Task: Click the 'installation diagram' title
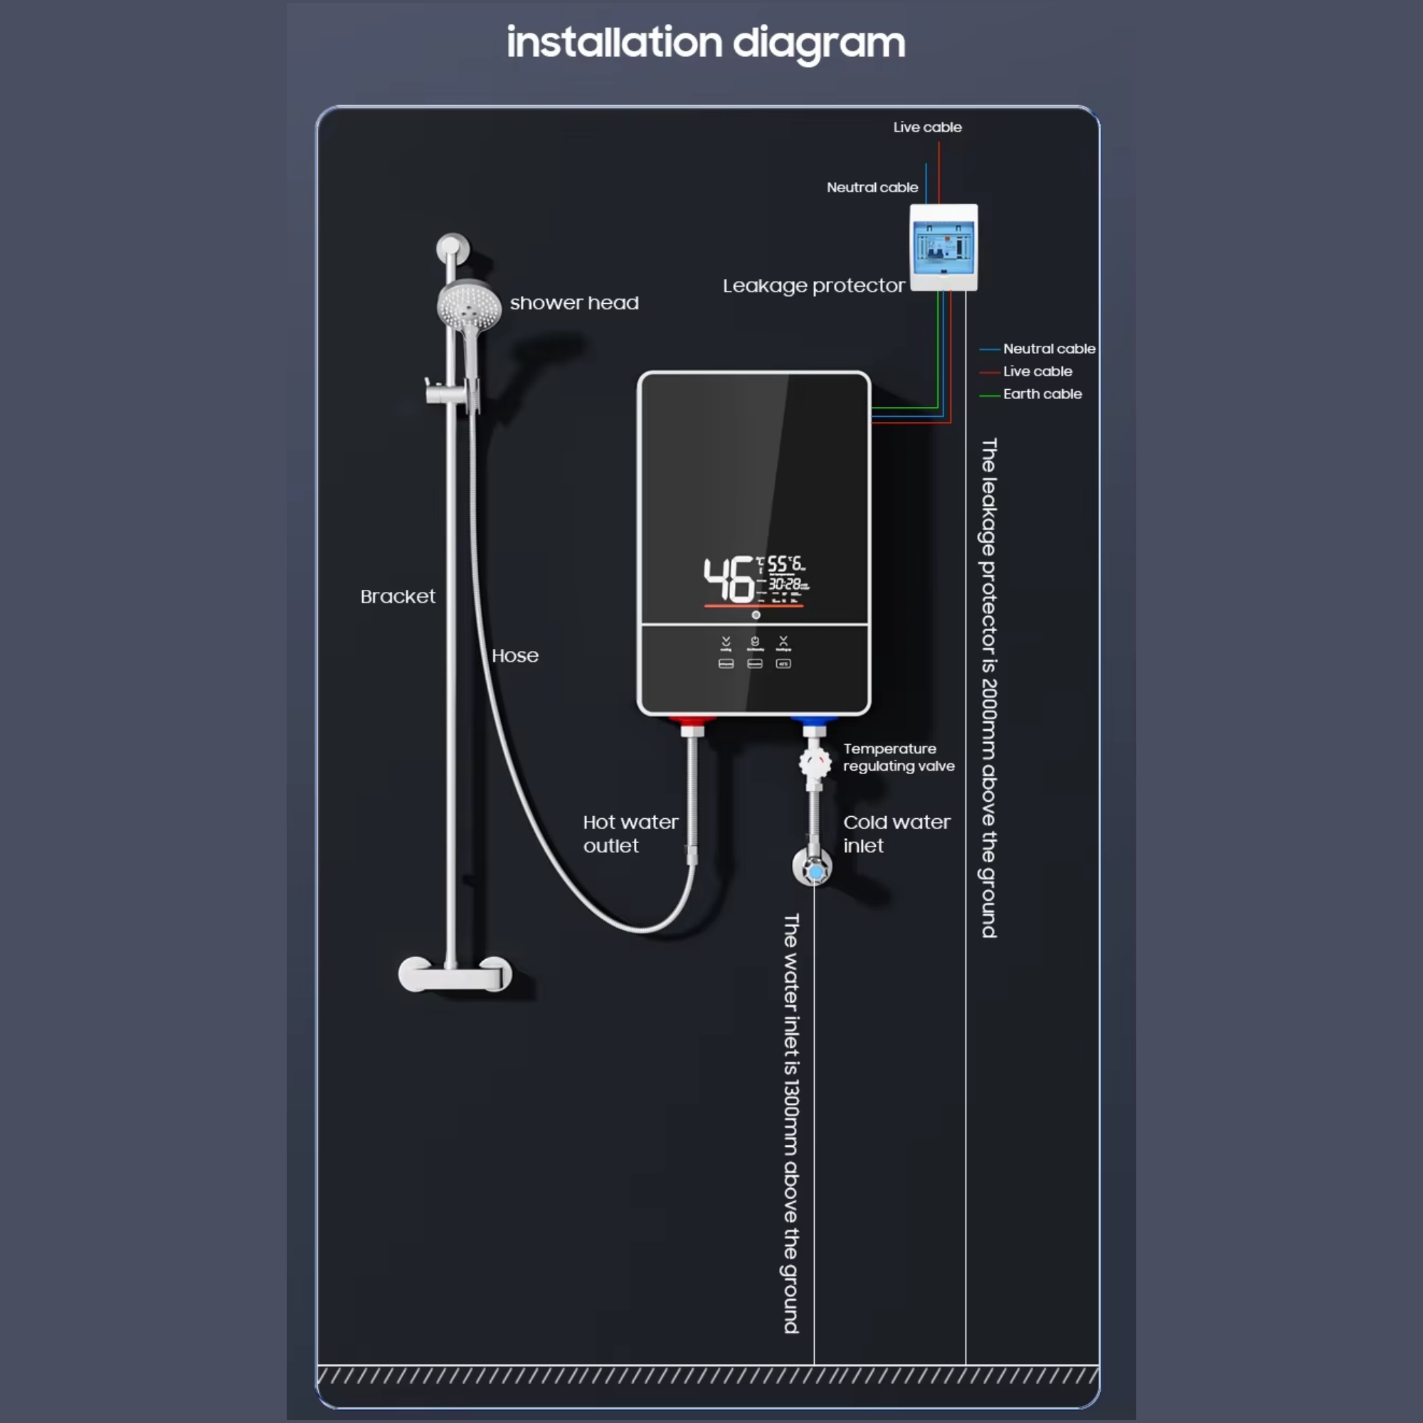pos(706,43)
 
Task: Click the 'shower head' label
pos(573,302)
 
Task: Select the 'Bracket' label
pos(398,597)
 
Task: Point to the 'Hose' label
pos(515,655)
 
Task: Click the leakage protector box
pos(943,248)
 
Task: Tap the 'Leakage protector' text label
pos(813,286)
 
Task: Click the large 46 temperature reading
pos(728,580)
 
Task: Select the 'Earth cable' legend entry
pos(1042,394)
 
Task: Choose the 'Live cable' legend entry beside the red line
pos(1037,371)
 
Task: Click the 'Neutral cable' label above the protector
pos(872,188)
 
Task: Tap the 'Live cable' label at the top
pos(927,127)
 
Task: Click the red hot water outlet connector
pos(692,726)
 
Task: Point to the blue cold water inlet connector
pos(813,726)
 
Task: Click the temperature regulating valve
pos(815,762)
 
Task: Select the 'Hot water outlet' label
pos(630,834)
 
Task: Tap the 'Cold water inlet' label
pos(896,834)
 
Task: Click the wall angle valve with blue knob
pos(814,869)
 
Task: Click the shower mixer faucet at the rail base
pos(455,974)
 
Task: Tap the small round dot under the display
pos(756,615)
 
